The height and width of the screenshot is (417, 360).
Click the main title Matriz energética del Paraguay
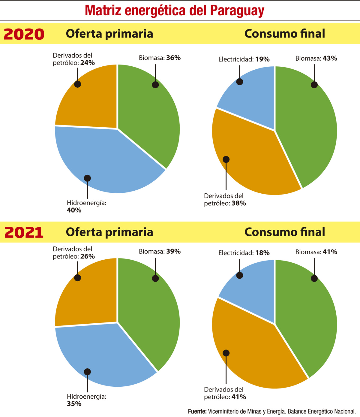pyautogui.click(x=175, y=11)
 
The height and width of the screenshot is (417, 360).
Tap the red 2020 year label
pyautogui.click(x=24, y=34)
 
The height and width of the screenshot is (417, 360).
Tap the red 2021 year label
pyautogui.click(x=24, y=232)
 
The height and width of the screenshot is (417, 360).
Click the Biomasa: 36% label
pyautogui.click(x=160, y=58)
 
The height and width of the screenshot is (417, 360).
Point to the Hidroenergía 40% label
pyautogui.click(x=86, y=206)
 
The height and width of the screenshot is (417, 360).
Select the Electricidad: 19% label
pyautogui.click(x=244, y=59)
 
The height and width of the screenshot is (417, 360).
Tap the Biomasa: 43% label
pyautogui.click(x=316, y=59)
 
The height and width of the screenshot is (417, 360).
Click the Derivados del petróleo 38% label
pyautogui.click(x=225, y=200)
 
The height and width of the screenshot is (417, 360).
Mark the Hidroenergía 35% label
pyautogui.click(x=86, y=400)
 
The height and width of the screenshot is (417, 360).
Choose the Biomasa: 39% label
pyautogui.click(x=160, y=252)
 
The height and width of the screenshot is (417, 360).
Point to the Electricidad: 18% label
pyautogui.click(x=244, y=253)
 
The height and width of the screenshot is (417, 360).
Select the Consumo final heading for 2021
pyautogui.click(x=285, y=232)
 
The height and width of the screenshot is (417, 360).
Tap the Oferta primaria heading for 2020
pyautogui.click(x=109, y=34)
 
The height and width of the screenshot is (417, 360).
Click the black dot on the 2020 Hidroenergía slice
pyautogui.click(x=87, y=178)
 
